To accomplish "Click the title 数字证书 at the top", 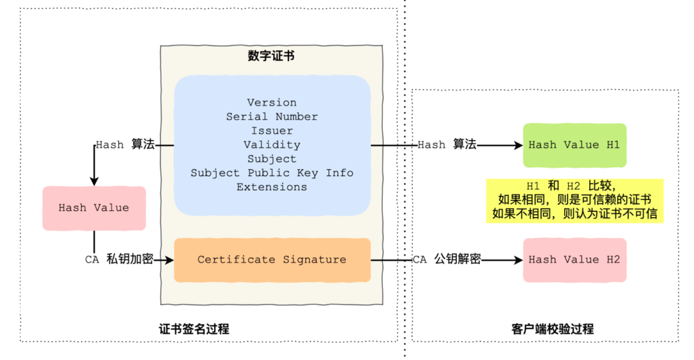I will tap(271, 56).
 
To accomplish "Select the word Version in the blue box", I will tap(272, 102).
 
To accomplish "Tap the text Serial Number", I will tap(272, 116).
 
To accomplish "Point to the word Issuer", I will tap(272, 130).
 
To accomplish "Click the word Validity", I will tap(272, 145).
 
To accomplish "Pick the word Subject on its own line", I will tap(272, 159).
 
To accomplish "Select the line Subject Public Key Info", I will tap(272, 173).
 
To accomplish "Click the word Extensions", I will tap(272, 187).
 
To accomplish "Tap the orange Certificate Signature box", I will tap(272, 260).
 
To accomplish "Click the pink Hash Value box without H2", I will tap(94, 208).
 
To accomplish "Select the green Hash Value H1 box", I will tap(574, 145).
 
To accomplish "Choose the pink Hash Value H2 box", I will tap(574, 260).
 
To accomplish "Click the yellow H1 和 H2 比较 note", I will tap(574, 200).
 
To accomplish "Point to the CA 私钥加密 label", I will tap(119, 260).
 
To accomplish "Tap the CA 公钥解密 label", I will tap(447, 260).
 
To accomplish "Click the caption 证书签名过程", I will tap(194, 329).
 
